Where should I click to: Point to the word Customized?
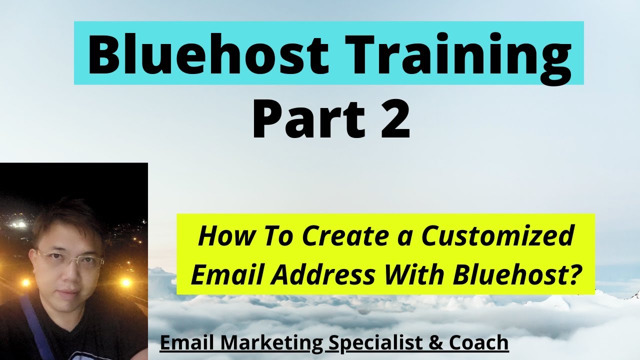(x=497, y=236)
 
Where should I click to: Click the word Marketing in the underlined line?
(x=273, y=343)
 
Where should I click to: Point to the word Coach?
(x=478, y=343)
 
